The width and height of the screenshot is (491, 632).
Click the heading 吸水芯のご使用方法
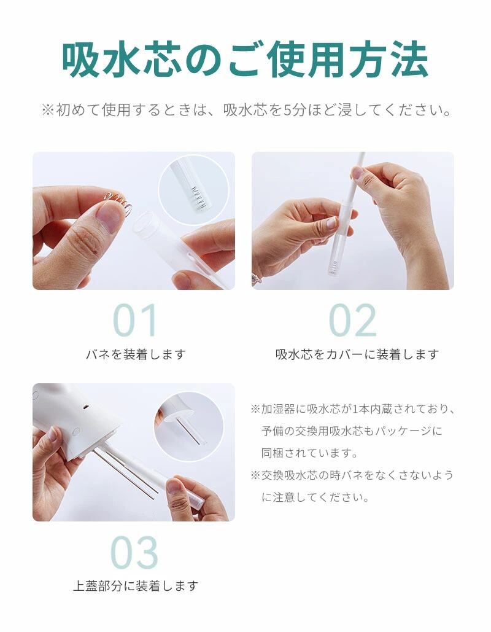click(x=245, y=60)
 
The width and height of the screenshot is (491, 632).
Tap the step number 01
click(x=135, y=321)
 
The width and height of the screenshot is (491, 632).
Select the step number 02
click(x=353, y=321)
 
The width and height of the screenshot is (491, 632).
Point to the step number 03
click(x=134, y=552)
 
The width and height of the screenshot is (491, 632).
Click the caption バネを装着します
click(x=136, y=354)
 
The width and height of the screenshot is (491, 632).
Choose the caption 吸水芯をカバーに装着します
click(x=357, y=354)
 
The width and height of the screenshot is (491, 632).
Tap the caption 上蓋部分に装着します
click(x=136, y=586)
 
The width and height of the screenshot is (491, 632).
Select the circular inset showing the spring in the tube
click(x=193, y=189)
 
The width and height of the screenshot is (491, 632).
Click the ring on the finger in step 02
click(x=255, y=279)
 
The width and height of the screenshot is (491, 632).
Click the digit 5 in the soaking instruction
click(x=288, y=109)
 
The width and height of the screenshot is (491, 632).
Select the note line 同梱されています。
click(x=310, y=453)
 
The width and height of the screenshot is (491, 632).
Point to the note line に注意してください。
click(x=315, y=497)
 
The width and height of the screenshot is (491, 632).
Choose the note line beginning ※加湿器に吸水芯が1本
click(x=352, y=408)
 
